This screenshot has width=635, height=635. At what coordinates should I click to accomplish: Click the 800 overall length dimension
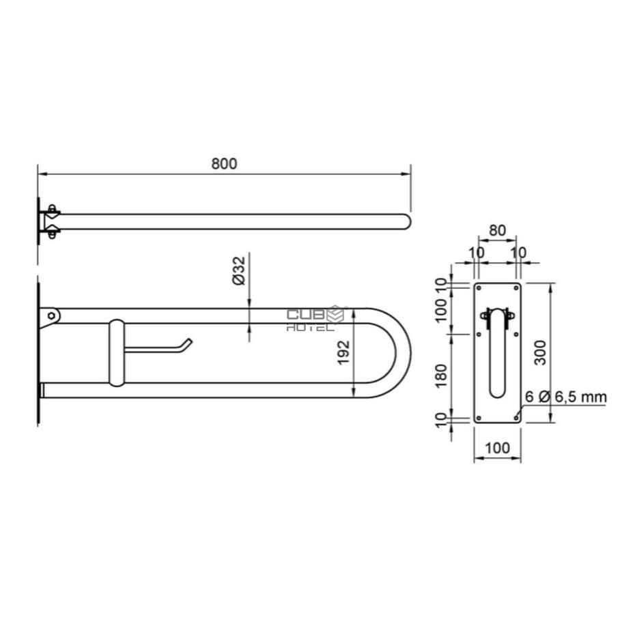click(223, 164)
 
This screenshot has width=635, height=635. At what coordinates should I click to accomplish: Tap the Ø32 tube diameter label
click(239, 271)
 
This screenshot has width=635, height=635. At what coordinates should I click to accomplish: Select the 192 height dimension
click(344, 352)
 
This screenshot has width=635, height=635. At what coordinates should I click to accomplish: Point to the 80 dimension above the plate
click(497, 230)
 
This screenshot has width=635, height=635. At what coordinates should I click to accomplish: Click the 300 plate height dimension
click(540, 352)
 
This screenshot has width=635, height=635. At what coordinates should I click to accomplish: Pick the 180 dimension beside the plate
click(442, 376)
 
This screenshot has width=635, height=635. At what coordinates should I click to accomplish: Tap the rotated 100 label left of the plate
click(442, 311)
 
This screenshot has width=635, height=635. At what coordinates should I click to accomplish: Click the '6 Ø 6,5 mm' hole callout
click(565, 397)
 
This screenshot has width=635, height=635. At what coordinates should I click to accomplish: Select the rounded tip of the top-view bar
click(406, 221)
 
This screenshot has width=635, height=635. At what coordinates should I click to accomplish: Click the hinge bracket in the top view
click(51, 221)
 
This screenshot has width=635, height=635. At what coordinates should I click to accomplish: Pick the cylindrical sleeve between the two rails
click(116, 352)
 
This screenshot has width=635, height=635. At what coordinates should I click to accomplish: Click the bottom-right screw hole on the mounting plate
click(516, 415)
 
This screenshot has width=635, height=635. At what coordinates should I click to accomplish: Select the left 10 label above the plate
click(476, 253)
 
